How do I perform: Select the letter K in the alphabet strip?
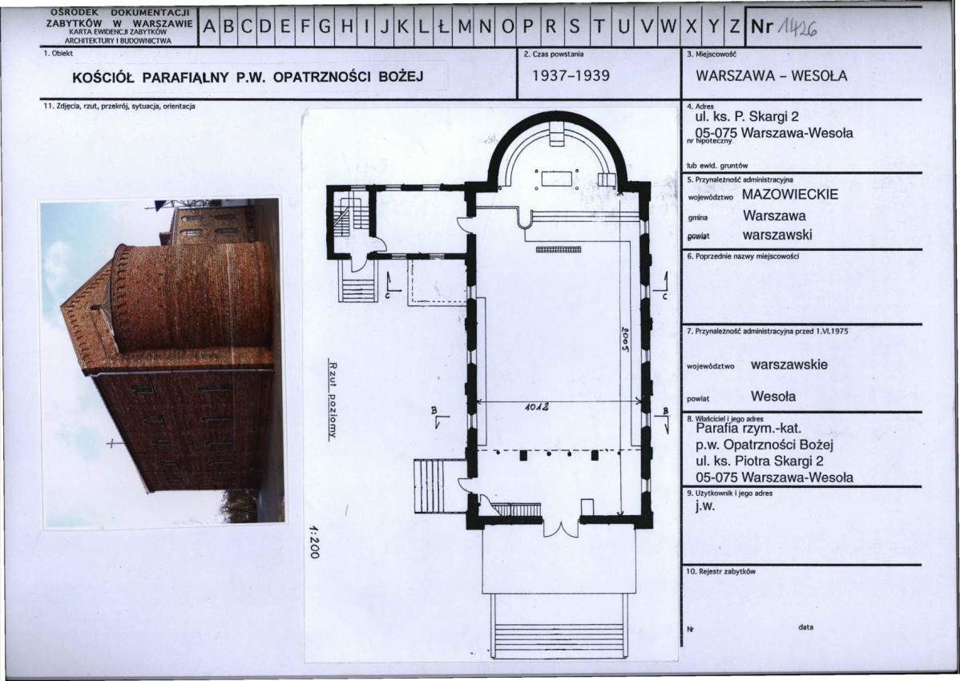click(403, 26)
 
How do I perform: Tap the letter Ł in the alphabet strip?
click(442, 26)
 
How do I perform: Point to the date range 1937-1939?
click(571, 76)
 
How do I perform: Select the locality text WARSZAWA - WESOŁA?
click(772, 76)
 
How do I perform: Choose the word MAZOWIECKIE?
click(790, 195)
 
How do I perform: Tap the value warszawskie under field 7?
click(789, 365)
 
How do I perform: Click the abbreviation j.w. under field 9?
click(704, 506)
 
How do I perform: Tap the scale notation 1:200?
click(314, 541)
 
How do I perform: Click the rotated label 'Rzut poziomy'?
click(333, 398)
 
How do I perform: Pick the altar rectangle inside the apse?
click(557, 179)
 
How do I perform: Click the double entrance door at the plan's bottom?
click(561, 527)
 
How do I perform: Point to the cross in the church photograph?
click(111, 441)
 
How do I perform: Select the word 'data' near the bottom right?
click(805, 627)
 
